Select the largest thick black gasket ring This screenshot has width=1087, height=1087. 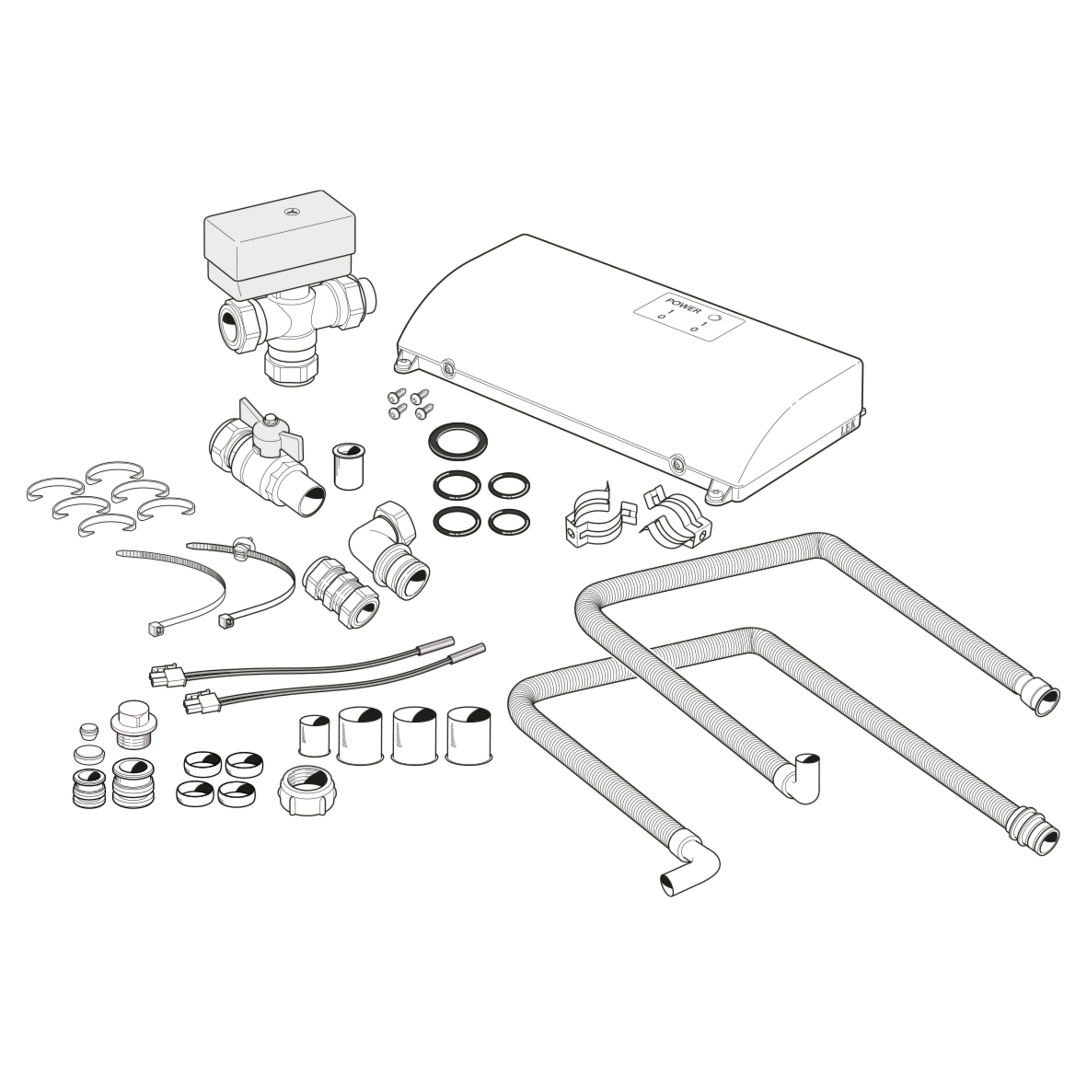[457, 440]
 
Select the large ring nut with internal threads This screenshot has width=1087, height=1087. [307, 791]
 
